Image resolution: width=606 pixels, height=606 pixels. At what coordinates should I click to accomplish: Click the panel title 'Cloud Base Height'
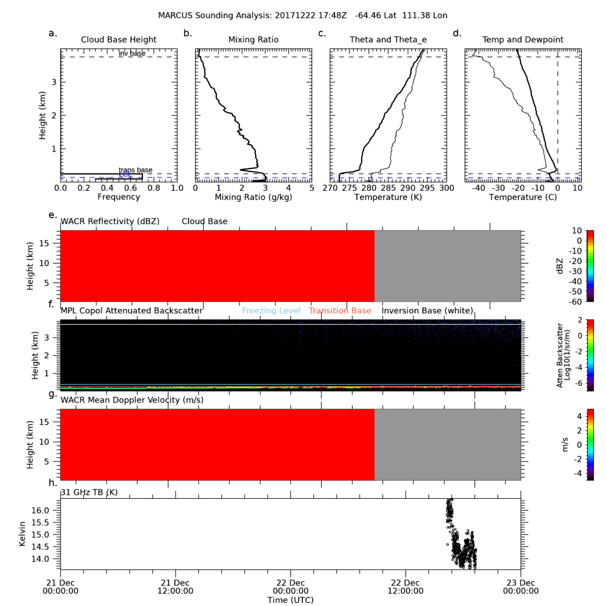[119, 40]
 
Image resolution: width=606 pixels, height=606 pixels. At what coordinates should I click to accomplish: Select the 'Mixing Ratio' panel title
[253, 40]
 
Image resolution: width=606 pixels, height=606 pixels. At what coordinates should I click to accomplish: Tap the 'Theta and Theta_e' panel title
[388, 40]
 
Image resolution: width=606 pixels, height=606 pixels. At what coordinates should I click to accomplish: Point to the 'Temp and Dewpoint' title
[522, 40]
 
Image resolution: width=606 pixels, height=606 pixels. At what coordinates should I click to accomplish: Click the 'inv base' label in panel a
[132, 53]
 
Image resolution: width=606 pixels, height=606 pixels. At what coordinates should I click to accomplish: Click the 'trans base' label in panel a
[135, 170]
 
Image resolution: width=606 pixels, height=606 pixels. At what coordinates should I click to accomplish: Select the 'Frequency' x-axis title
[119, 197]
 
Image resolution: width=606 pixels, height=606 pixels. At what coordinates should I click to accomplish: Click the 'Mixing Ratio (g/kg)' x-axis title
[253, 197]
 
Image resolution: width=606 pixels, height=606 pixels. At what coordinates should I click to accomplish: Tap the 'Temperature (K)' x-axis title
[388, 197]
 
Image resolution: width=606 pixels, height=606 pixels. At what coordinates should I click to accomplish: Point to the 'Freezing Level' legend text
[271, 311]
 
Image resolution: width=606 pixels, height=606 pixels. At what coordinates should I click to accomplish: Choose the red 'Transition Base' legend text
[340, 311]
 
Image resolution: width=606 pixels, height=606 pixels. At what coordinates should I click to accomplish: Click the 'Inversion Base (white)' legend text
[427, 311]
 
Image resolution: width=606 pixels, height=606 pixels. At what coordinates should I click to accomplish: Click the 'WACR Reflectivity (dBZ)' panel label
[110, 222]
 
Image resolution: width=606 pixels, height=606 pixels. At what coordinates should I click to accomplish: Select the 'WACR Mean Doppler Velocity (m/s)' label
[132, 400]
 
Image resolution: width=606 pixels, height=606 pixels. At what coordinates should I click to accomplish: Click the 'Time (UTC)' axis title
[291, 599]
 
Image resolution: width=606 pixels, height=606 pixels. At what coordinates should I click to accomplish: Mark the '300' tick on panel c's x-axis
[446, 188]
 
